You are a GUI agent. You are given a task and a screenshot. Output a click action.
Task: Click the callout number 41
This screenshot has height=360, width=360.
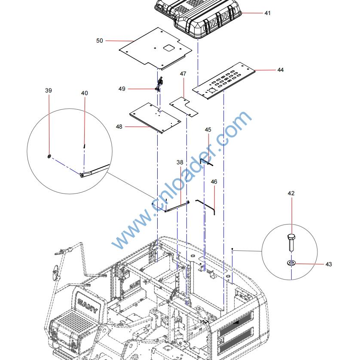[267, 13]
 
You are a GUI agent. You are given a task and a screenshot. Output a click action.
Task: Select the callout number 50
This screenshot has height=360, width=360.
[100, 40]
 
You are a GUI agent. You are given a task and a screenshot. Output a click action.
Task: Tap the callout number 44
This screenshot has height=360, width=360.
[280, 70]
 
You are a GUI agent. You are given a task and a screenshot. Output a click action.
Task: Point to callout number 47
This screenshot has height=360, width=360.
[183, 74]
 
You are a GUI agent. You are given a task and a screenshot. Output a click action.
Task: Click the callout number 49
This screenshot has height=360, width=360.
[122, 89]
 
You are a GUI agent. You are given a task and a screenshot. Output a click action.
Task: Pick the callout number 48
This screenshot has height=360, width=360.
[119, 126]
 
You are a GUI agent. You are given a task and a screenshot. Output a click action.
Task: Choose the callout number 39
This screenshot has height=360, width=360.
[49, 90]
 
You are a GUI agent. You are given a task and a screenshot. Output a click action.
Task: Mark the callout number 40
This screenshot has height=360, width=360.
[84, 93]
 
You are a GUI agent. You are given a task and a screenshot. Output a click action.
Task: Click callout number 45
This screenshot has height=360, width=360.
[208, 129]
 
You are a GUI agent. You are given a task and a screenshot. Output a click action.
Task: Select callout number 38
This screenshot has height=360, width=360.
[180, 163]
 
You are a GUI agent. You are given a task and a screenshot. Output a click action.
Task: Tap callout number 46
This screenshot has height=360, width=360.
[214, 182]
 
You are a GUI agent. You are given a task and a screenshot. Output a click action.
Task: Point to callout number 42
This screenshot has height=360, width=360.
[291, 194]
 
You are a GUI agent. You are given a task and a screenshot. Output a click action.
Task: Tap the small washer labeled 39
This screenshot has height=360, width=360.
[49, 156]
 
